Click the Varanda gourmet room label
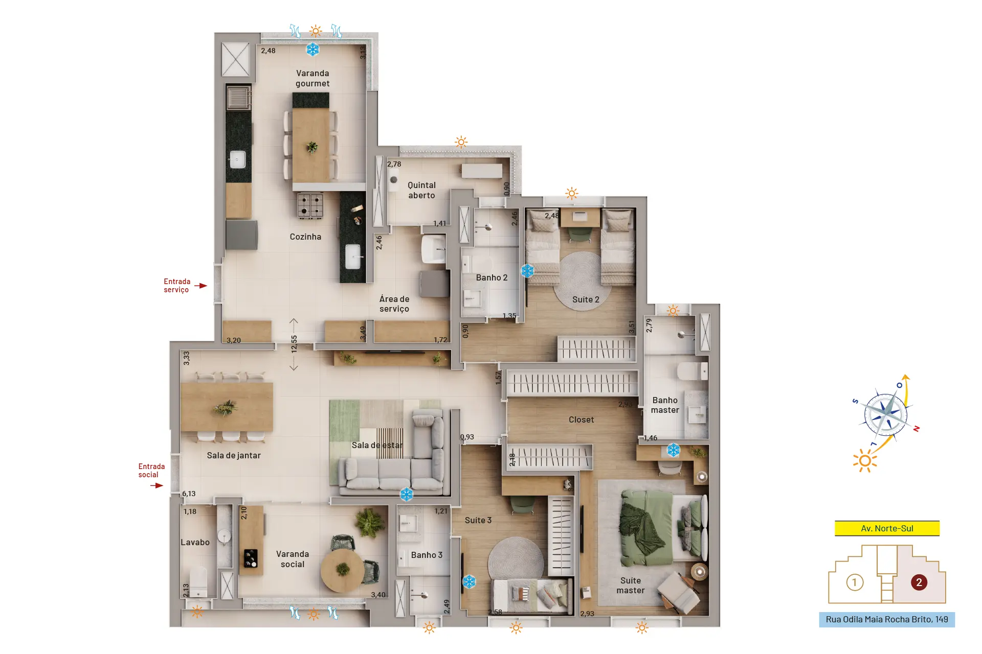coord(313,78)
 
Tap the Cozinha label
coord(305,237)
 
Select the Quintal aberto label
coord(421,190)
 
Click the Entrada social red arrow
coord(157,485)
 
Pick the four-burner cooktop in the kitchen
coord(310,205)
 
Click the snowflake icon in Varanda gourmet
coord(313,50)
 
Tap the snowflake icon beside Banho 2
coord(527,271)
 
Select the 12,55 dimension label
coord(294,344)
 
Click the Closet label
coord(581,419)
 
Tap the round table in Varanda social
coord(343,570)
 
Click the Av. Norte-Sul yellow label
coord(887,528)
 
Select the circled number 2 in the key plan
coord(919,582)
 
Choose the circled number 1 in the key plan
coord(855,582)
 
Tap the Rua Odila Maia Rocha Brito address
coord(886,619)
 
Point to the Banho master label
coord(665,405)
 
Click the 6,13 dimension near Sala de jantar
coord(189,494)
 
